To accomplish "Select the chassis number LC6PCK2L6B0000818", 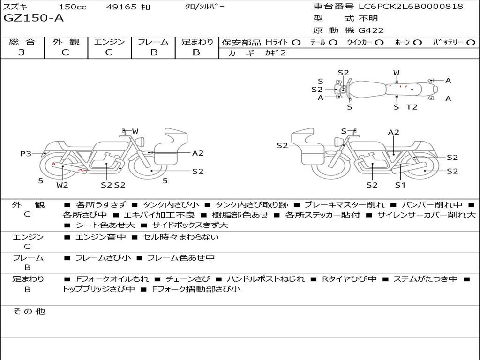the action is coord(411,7).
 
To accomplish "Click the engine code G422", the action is coord(371,30).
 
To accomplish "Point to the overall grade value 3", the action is coord(22,52).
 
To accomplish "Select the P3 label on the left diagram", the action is coord(25,153).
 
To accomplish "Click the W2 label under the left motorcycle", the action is coord(62,185).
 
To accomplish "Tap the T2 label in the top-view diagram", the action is coord(412,107).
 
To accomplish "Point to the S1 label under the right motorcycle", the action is coord(400,185).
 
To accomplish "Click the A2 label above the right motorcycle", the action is coord(394,132).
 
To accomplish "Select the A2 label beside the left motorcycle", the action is coord(198,153).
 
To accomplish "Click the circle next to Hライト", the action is coord(296,42).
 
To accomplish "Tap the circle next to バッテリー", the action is coord(471,42).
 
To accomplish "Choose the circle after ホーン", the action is coord(417,42).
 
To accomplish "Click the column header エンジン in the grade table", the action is coord(109,42).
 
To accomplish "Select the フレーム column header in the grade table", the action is coord(153,42).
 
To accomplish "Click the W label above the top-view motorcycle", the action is coord(396,73).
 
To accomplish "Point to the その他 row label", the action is coord(28,311).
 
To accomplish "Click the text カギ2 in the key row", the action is coord(276,53).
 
